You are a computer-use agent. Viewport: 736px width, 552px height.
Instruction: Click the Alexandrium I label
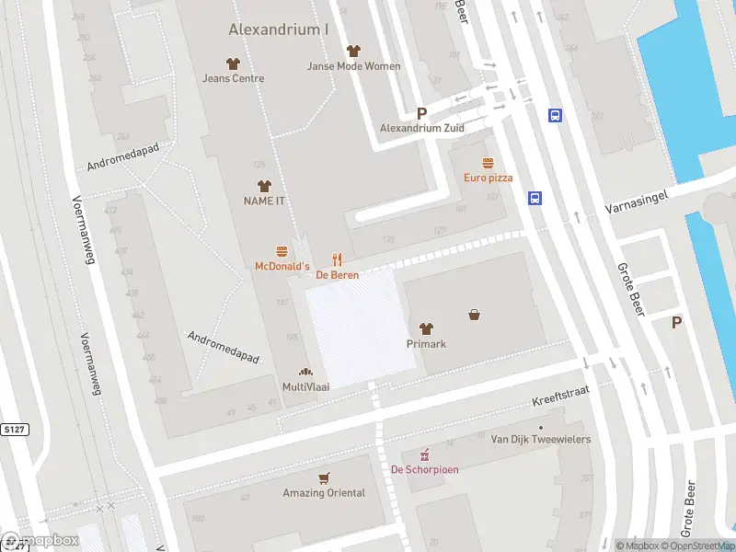coord(278,29)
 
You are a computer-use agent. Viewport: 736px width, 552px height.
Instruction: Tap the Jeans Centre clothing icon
coord(233,63)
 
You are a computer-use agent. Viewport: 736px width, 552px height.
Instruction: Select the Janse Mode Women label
coord(354,66)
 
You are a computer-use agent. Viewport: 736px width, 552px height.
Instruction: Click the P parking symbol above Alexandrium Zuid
coord(422,113)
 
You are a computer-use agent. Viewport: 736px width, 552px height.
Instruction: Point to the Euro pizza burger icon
coord(488,163)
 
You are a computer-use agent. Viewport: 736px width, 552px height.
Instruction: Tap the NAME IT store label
coord(264,201)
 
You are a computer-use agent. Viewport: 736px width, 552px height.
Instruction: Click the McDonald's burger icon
coord(282,251)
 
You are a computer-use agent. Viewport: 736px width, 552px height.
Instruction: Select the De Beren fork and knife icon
coord(338,259)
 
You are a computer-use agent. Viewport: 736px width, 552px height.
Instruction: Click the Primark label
coord(426,344)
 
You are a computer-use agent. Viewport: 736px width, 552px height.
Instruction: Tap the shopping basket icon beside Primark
coord(475,314)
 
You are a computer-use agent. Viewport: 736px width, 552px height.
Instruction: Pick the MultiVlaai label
coord(305,387)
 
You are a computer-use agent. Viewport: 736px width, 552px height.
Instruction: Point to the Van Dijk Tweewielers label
coord(540,440)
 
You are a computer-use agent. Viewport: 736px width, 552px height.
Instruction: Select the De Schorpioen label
coord(424,469)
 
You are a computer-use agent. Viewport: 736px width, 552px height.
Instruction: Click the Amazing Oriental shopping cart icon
coord(323,478)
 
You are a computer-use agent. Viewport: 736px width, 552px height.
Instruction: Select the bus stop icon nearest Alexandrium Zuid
coord(556,116)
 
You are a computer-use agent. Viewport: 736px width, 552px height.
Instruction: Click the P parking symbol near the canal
coord(677,322)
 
